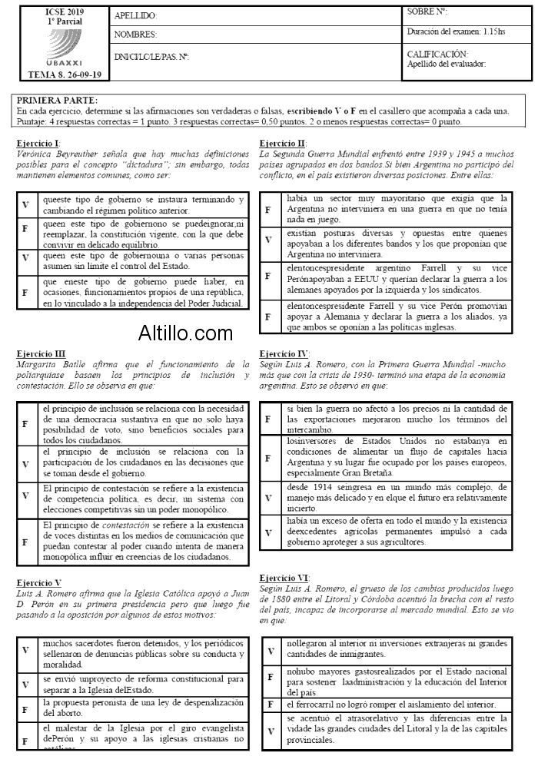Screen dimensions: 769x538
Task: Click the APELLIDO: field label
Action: [135, 15]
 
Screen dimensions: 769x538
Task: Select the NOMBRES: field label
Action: [135, 35]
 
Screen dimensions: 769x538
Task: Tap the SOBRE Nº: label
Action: [427, 12]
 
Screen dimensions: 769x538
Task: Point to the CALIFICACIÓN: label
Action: [437, 54]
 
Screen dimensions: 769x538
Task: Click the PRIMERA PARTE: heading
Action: [57, 101]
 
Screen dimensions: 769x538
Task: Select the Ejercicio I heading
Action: [38, 144]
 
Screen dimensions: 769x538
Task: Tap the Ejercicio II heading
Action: [284, 144]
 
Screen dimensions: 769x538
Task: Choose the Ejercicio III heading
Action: [41, 353]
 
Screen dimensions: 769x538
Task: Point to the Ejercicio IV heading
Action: [284, 353]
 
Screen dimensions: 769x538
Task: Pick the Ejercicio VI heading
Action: [285, 578]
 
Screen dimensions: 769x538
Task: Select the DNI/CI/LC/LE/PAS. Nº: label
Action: [151, 57]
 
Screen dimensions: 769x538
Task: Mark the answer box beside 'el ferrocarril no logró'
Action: [271, 704]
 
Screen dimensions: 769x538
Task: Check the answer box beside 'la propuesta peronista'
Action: [26, 708]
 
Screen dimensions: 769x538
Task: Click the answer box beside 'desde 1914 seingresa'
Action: [268, 497]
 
